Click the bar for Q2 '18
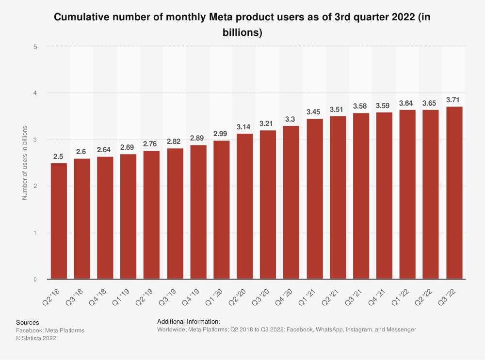click(59, 221)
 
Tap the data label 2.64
click(105, 150)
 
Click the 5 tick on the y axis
click(35, 47)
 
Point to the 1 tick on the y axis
click(35, 233)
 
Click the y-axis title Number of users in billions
click(24, 162)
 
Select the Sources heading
click(28, 322)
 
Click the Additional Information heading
click(189, 321)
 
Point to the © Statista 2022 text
click(36, 338)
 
